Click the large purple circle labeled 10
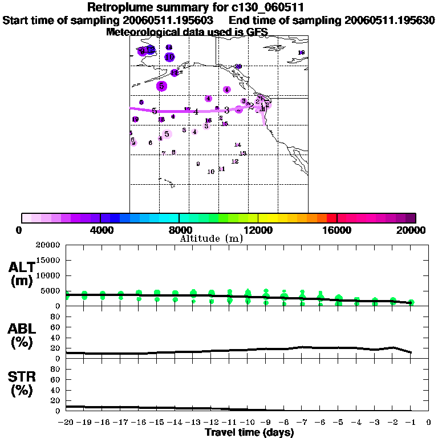tap(169, 57)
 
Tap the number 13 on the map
tap(242, 153)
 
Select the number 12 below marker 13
tap(235, 161)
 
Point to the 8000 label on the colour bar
tap(179, 230)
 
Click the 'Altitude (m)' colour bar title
tap(211, 238)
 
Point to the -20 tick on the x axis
tap(67, 423)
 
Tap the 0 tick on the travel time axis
tap(428, 423)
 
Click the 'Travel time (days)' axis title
tap(249, 432)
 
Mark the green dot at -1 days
tap(411, 302)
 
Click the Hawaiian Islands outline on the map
tap(167, 182)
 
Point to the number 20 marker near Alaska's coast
tap(238, 67)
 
